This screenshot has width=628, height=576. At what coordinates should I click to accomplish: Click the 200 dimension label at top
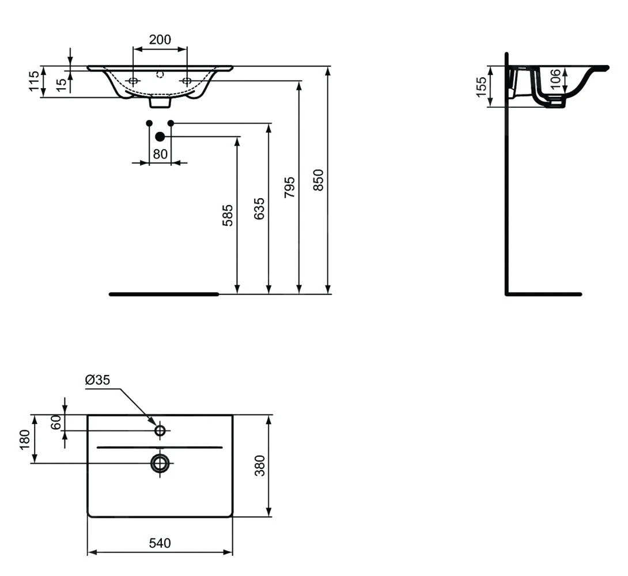(x=160, y=40)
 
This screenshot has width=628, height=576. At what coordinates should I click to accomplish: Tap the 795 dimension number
(x=290, y=187)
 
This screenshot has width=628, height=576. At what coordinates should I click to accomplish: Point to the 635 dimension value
(x=260, y=208)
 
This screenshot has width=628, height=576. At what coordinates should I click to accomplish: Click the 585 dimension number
(x=229, y=215)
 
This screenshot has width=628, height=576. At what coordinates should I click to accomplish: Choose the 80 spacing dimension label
(x=160, y=154)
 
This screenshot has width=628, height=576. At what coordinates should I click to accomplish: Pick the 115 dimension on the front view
(x=35, y=81)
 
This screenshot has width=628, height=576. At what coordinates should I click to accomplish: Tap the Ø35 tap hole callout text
(x=97, y=380)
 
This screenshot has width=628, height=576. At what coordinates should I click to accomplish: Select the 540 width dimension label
(x=160, y=543)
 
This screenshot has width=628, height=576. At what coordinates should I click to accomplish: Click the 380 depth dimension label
(x=260, y=465)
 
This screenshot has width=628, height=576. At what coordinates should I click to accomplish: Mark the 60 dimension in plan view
(x=56, y=422)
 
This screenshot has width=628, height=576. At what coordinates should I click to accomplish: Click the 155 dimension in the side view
(x=482, y=87)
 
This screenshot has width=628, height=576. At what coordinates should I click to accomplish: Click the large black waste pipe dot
(x=160, y=137)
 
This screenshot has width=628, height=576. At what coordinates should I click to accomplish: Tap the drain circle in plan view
(x=160, y=462)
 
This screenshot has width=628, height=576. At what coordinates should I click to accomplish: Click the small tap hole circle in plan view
(x=160, y=430)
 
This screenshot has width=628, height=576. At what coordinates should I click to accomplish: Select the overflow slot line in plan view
(x=160, y=447)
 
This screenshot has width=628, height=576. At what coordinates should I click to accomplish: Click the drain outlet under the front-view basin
(x=160, y=102)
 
